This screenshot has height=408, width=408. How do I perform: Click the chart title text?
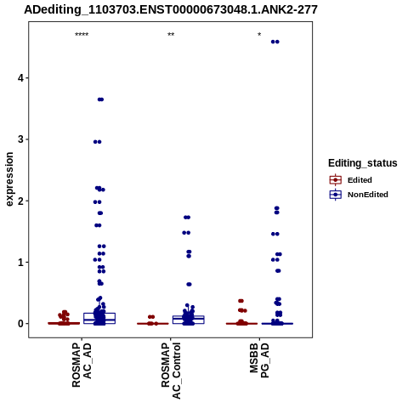point(171,9)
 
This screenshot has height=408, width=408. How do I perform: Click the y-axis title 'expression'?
point(9,179)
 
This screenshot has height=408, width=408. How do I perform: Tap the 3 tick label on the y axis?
point(21,139)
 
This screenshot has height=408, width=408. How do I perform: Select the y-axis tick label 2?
point(21,201)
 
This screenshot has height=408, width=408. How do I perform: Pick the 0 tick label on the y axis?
point(21,324)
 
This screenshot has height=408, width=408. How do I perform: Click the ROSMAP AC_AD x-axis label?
point(82,365)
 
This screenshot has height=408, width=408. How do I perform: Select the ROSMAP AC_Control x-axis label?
point(171,371)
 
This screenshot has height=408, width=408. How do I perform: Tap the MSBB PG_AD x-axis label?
point(259,360)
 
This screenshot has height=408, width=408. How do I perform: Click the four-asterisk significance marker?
point(82,35)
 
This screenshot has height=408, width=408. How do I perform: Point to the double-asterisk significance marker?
point(171,35)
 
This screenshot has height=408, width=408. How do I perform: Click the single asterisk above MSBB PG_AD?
point(259,35)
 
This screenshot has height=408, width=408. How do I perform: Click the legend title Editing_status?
point(363,163)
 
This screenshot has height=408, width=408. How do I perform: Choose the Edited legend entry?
point(351,180)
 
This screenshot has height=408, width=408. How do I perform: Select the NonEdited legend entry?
point(359,195)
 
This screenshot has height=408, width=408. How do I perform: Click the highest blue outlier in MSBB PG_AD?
point(275,42)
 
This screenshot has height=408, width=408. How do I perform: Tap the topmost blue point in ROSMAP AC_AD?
point(100,99)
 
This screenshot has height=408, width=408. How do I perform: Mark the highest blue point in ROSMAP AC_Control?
point(187,218)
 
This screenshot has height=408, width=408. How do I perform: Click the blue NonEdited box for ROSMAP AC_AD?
point(99,318)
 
